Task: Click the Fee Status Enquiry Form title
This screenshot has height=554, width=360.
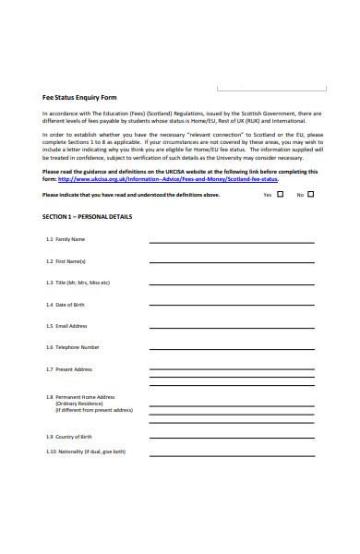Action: coord(79,96)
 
